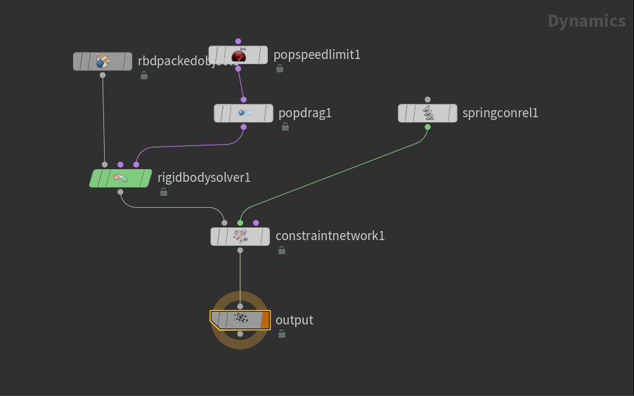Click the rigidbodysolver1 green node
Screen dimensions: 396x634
click(x=120, y=178)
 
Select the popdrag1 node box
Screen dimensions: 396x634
click(x=243, y=113)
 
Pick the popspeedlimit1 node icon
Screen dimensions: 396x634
click(x=238, y=55)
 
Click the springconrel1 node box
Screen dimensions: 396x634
click(x=427, y=113)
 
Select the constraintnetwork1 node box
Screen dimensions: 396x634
click(x=240, y=237)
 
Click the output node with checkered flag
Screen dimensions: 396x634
click(x=240, y=320)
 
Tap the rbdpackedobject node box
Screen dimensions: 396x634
click(x=103, y=62)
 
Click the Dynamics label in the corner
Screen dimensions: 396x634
click(x=586, y=21)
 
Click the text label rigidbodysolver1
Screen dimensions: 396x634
click(x=204, y=178)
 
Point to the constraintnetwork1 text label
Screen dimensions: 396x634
click(x=330, y=236)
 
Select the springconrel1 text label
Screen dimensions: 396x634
click(x=500, y=113)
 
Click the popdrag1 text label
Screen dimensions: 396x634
click(x=304, y=113)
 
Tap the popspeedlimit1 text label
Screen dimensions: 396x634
click(x=316, y=55)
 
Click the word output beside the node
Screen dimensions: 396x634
click(x=294, y=320)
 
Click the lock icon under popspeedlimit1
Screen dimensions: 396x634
click(x=280, y=69)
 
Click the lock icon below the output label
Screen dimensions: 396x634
click(x=282, y=334)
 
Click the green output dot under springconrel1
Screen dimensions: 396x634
click(x=427, y=127)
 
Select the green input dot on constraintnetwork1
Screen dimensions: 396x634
click(x=240, y=223)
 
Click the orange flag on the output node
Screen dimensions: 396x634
click(x=265, y=320)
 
